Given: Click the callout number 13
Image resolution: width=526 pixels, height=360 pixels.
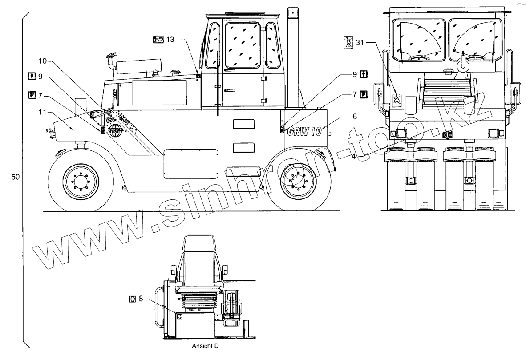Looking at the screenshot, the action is coord(170,40).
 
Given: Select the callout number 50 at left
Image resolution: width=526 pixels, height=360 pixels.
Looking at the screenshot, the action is coord(15,177).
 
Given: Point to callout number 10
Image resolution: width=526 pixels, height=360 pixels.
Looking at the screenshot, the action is coord(42,61).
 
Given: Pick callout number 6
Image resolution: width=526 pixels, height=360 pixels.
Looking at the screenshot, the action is coord(355,116).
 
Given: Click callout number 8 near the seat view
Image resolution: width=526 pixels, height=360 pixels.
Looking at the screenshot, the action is coord(141,299).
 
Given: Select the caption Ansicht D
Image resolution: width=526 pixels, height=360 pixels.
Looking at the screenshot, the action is coord(205,345).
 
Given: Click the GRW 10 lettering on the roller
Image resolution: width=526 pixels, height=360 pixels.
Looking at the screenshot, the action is coord(304,132).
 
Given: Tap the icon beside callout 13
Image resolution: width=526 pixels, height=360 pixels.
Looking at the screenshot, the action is coord(158,40).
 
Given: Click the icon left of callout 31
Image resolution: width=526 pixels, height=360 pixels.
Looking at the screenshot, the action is coord(348,42).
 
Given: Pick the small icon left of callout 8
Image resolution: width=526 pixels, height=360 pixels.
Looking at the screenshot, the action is coord(132,299).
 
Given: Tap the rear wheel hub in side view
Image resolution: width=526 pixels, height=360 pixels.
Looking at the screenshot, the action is coord(297,181).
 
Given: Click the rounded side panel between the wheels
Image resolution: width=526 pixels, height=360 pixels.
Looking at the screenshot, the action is coord(191,163).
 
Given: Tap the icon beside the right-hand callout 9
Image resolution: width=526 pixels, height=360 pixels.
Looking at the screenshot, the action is coord(364,74).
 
